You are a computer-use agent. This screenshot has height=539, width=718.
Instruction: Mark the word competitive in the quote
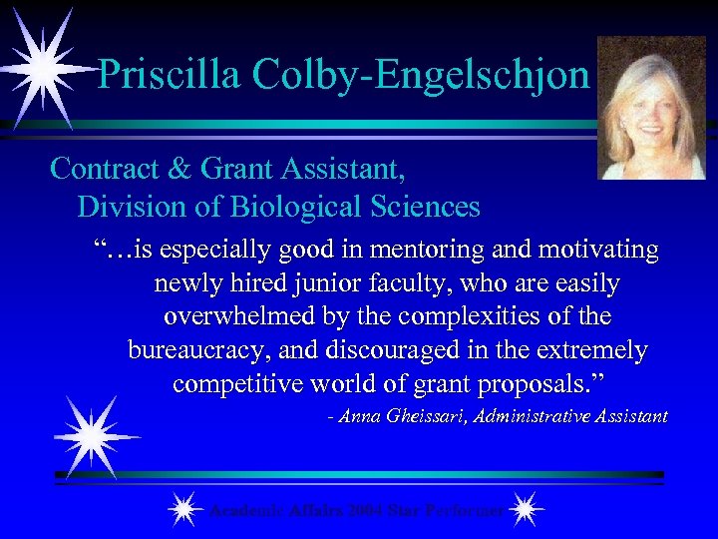tap(243, 384)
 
